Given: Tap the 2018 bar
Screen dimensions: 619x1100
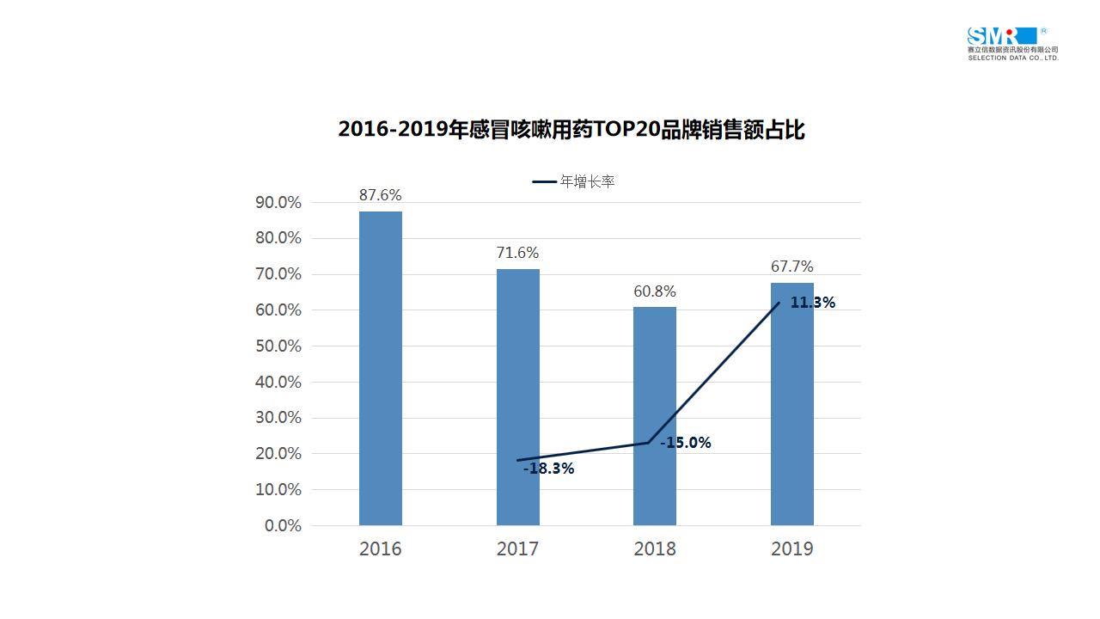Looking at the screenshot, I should (655, 416).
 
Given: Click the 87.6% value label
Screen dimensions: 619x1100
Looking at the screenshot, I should (380, 195).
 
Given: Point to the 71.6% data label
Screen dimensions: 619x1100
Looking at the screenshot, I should (517, 253).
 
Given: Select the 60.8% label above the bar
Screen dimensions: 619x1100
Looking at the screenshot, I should (655, 291).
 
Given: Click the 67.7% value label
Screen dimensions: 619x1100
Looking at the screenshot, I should (791, 267).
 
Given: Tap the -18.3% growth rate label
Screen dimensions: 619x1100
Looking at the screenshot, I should (548, 469).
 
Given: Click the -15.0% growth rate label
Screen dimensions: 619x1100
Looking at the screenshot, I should (685, 443).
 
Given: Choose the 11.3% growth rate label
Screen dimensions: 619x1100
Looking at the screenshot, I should (812, 303).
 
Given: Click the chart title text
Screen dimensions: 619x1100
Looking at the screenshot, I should (571, 130).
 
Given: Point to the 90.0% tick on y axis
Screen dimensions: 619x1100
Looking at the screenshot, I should (278, 203).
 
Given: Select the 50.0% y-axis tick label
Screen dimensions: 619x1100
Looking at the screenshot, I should (278, 346).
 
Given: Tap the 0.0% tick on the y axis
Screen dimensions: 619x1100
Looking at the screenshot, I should (283, 525).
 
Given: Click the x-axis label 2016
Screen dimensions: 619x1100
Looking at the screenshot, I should (380, 549).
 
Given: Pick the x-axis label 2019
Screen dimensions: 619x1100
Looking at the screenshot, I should (791, 549).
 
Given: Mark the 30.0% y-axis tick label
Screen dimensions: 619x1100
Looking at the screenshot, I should (278, 418).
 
